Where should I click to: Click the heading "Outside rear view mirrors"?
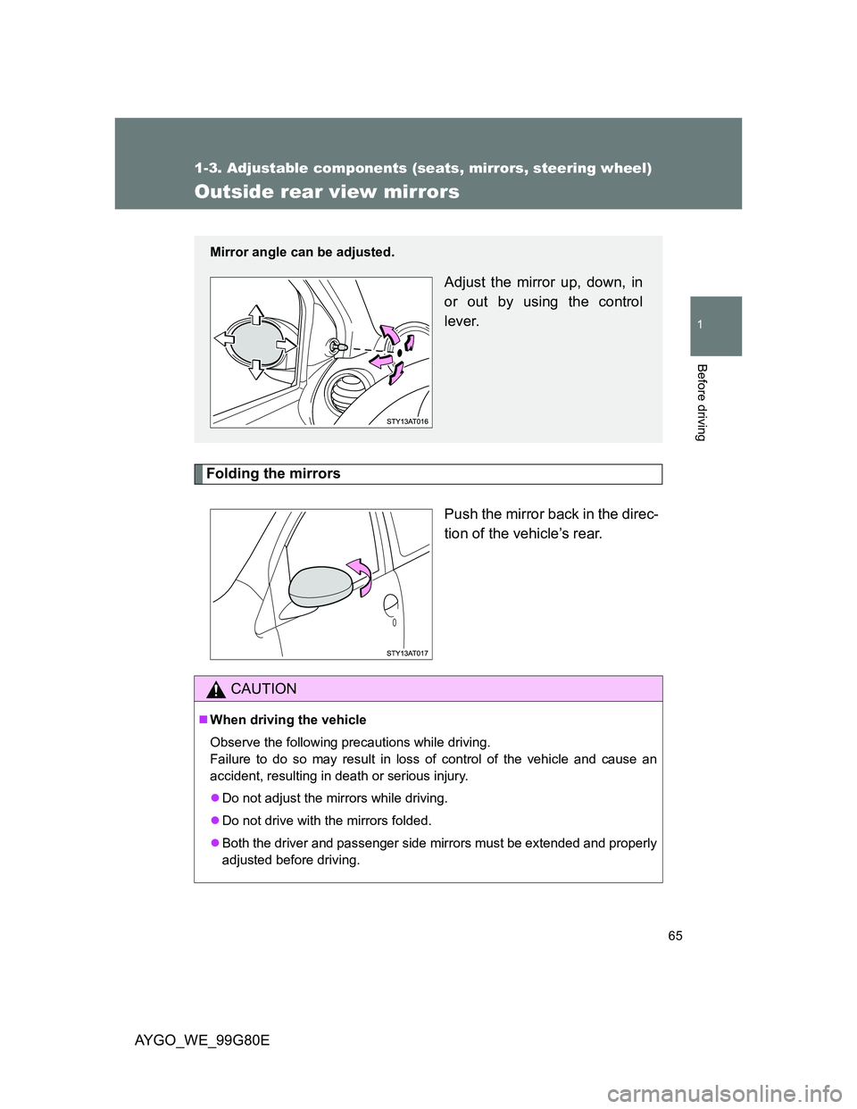(x=327, y=192)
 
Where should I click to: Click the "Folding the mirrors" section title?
(x=273, y=474)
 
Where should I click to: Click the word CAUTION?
(x=263, y=689)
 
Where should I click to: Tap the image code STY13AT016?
(x=408, y=421)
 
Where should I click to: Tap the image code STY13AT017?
(x=408, y=654)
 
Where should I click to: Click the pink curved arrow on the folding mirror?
(x=361, y=573)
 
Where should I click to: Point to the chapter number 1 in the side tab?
(x=714, y=326)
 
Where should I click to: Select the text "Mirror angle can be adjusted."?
(x=302, y=253)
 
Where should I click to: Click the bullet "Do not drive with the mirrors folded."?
(x=326, y=821)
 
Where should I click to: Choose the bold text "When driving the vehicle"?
(x=287, y=720)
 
